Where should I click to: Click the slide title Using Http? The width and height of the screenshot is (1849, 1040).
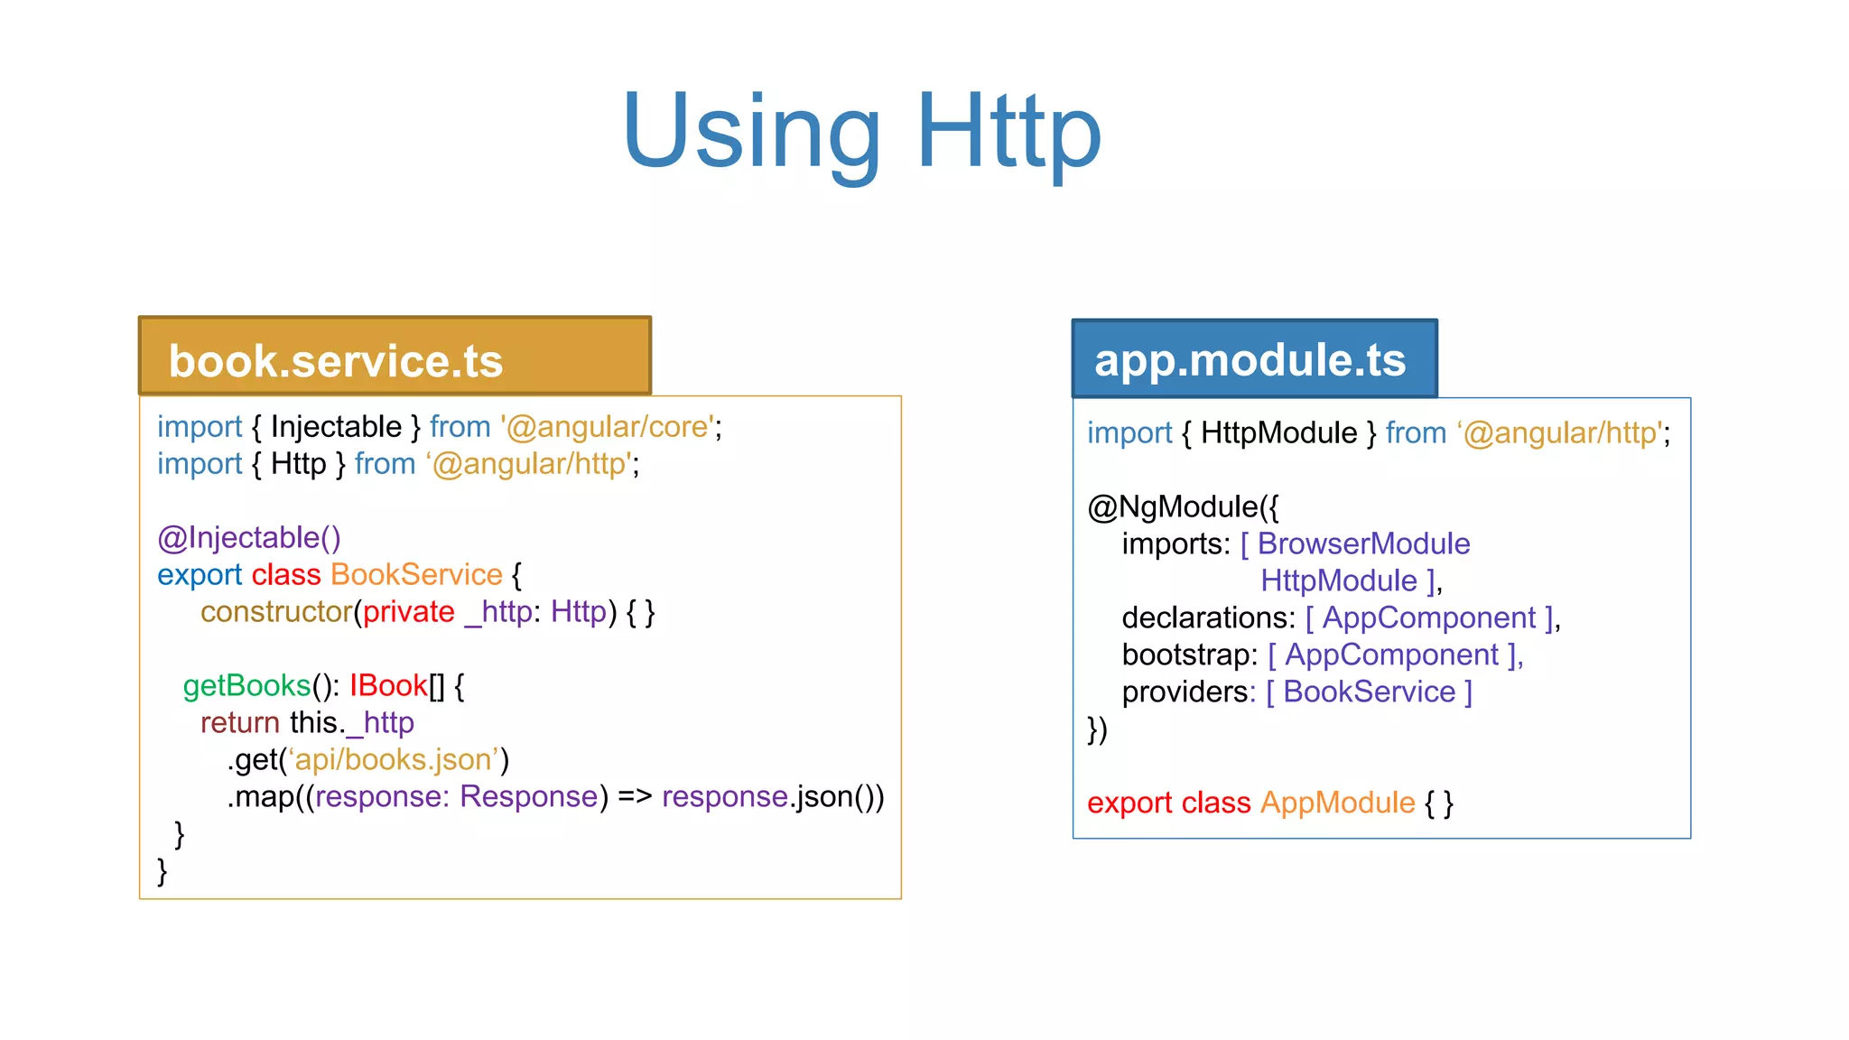861,132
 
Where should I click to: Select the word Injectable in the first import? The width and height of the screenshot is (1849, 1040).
336,427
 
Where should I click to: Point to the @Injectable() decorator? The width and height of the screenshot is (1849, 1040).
248,538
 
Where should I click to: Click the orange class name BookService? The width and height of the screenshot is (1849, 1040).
416,575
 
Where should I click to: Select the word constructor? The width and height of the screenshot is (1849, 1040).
275,612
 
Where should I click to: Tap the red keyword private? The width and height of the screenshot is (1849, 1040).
408,612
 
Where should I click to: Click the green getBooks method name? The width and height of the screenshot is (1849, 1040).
246,686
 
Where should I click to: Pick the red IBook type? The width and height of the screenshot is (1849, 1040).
388,686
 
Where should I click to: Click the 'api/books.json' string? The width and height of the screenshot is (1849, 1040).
394,760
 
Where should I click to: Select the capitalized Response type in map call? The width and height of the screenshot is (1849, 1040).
529,797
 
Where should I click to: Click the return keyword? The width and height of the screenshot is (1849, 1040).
240,723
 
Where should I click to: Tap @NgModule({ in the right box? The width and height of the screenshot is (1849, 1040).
1183,507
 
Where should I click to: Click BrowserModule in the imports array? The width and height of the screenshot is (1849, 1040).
1363,544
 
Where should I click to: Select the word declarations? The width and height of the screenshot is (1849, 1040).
1208,618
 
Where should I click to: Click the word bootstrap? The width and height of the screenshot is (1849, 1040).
1189,655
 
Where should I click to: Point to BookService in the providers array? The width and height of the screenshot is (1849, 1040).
1369,692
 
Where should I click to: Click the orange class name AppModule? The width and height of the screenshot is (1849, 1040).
1337,803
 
